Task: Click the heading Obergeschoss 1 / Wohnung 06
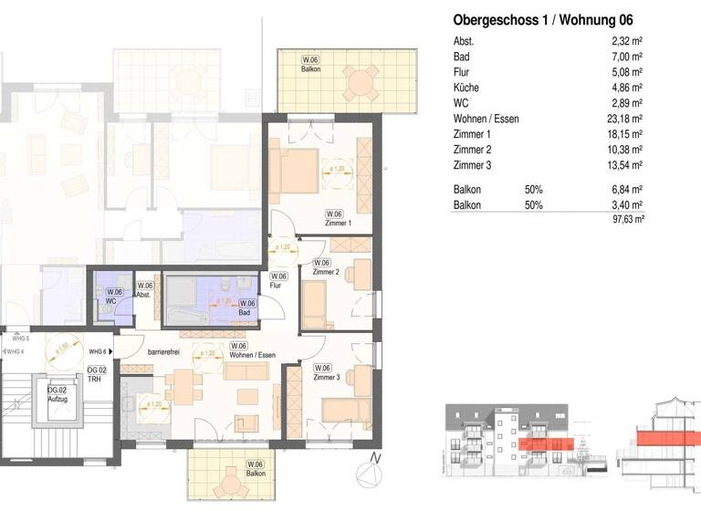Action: [x=543, y=20]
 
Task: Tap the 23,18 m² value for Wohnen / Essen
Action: [x=626, y=119]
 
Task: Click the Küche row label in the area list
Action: [x=466, y=88]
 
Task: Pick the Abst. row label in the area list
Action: [x=465, y=42]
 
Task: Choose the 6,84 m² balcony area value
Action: [x=629, y=190]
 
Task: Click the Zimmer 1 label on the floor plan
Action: [x=338, y=223]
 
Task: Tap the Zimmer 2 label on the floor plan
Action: [x=325, y=272]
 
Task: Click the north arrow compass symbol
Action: [x=369, y=474]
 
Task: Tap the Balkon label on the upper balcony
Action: [x=313, y=70]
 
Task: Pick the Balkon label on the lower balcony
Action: [x=255, y=474]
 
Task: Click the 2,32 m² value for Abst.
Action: [x=629, y=42]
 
